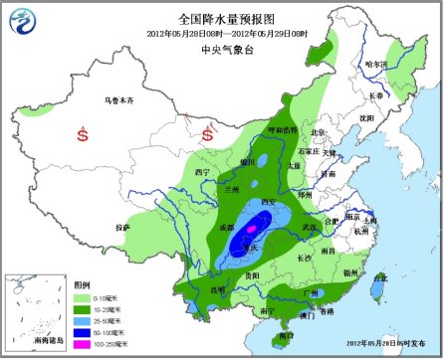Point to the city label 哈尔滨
(376, 65)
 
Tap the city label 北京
(318, 131)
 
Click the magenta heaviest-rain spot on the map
(250, 231)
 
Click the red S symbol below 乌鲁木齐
(82, 132)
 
